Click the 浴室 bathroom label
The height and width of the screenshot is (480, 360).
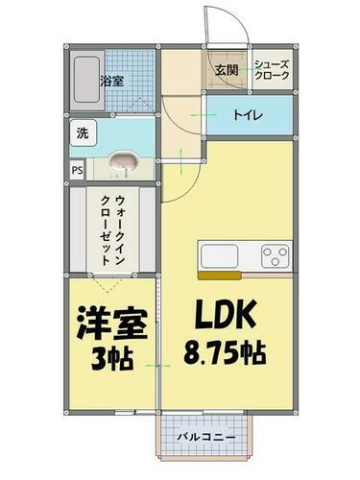112,82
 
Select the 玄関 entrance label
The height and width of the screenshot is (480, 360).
226,69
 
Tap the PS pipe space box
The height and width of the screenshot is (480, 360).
76,172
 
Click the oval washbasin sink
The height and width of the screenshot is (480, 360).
122,163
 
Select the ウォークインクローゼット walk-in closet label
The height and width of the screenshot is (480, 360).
110,230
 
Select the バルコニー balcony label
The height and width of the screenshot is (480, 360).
205,439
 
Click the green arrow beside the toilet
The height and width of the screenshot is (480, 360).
200,115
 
